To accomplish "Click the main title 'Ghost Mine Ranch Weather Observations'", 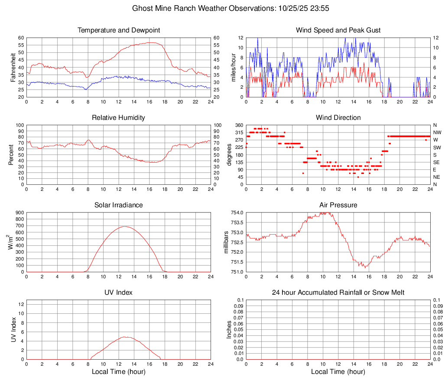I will (x=222, y=8).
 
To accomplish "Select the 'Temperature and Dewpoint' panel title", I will (x=119, y=30).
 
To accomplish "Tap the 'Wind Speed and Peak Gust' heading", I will (x=338, y=30).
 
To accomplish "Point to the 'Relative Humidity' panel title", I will (x=119, y=118).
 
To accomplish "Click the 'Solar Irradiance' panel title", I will (x=119, y=205).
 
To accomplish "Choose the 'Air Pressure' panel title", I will (x=338, y=205).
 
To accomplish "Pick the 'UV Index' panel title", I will (x=119, y=293).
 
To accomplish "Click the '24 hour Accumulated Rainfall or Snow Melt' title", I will (x=338, y=293).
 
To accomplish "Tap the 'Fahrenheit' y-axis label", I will (x=12, y=68).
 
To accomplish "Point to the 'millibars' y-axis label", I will (x=226, y=242).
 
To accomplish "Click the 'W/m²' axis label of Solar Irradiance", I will (x=10, y=242).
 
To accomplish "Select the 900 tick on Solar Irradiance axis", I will (x=19, y=213).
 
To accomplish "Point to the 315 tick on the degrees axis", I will (x=238, y=132).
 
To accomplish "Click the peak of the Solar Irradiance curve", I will (x=125, y=226).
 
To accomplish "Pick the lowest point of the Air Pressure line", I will (x=365, y=268).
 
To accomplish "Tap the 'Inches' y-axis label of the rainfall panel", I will (x=229, y=329).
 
